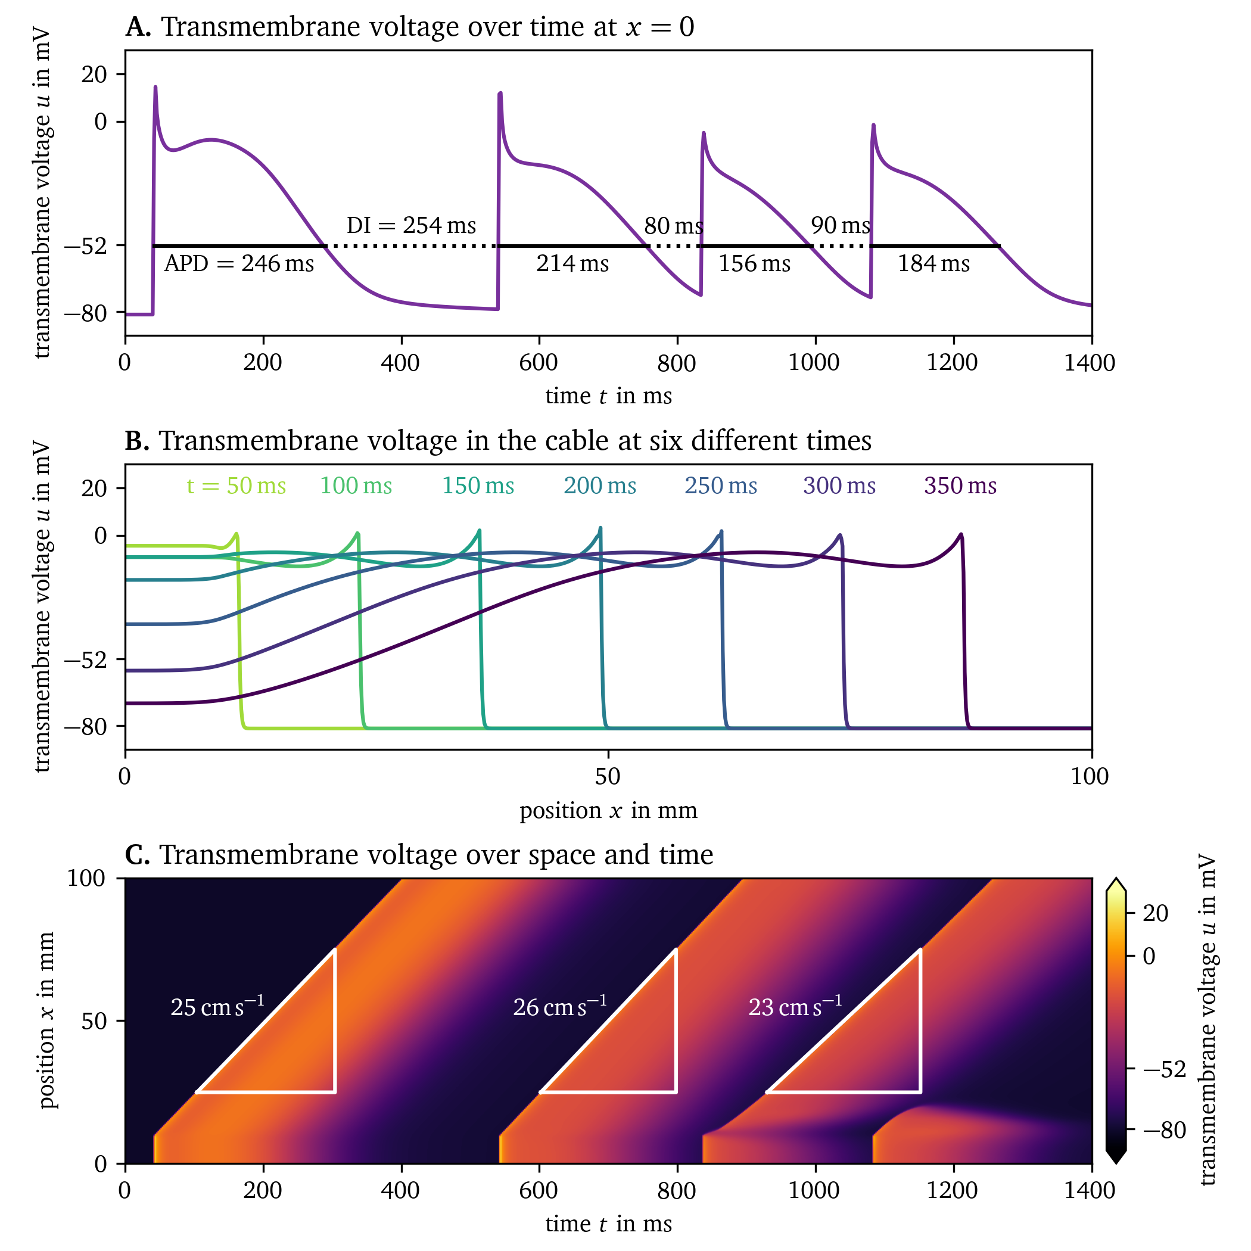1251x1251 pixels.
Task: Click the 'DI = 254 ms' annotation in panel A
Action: click(x=411, y=225)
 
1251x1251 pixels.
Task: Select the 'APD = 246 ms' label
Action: click(x=239, y=263)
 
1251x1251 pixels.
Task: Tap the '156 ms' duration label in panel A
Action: click(x=754, y=263)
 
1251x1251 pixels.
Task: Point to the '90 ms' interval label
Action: click(x=841, y=225)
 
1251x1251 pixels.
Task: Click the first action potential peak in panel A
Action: click(x=155, y=88)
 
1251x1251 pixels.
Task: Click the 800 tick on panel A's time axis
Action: click(x=677, y=363)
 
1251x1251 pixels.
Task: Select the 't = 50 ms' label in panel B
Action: click(x=236, y=486)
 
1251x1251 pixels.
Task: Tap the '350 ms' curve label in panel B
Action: click(x=960, y=486)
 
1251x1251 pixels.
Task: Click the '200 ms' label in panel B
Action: click(x=600, y=486)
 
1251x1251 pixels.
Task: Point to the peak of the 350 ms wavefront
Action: click(x=961, y=534)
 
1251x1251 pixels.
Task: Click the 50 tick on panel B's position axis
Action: click(x=608, y=776)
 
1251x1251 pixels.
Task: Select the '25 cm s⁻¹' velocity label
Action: click(x=217, y=1006)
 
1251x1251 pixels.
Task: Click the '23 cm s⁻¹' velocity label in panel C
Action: click(x=795, y=1006)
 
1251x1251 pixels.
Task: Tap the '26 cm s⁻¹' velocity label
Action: click(x=560, y=1006)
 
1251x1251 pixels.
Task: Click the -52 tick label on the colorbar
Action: click(x=1164, y=1069)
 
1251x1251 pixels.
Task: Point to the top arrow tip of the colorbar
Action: click(x=1116, y=880)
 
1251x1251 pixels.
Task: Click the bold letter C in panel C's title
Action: click(x=136, y=855)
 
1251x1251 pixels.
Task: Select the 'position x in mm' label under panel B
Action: click(x=608, y=810)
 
